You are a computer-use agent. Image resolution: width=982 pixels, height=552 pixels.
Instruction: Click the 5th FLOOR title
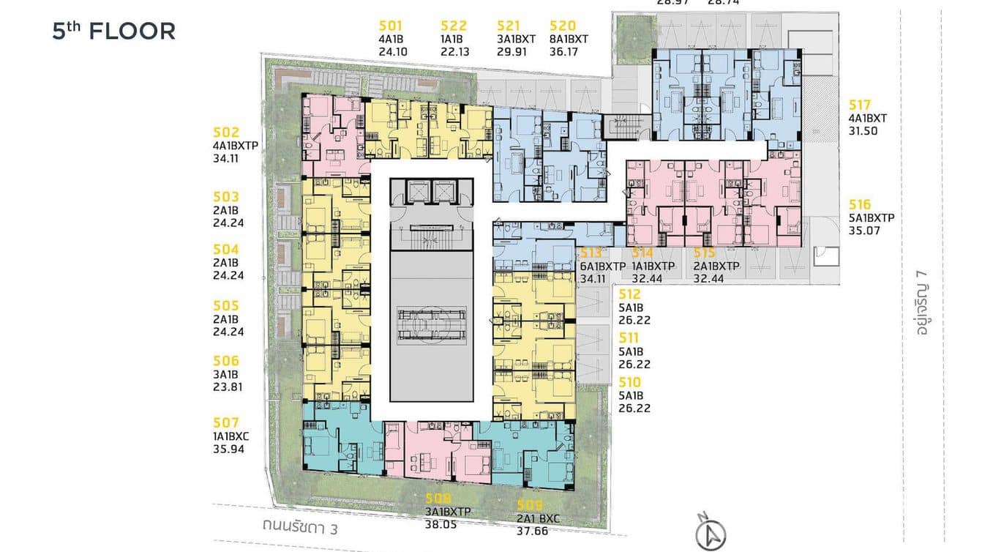[x=113, y=31]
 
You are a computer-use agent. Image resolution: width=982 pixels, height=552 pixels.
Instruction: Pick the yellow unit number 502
[x=226, y=133]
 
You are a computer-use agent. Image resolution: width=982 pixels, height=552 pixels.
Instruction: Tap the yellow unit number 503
[x=226, y=197]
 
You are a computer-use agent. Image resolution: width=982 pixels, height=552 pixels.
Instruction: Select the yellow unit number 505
[x=226, y=305]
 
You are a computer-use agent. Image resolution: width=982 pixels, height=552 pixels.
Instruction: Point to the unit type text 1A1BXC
[x=231, y=436]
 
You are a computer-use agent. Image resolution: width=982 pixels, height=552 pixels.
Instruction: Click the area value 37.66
[x=532, y=532]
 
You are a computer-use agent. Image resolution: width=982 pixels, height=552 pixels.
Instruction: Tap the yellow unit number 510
[x=629, y=382]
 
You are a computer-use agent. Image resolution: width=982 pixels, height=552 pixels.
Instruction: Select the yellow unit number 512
[x=629, y=294]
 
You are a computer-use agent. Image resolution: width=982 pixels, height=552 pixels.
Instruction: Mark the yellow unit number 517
[x=861, y=105]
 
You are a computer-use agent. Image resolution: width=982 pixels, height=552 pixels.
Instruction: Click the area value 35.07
[x=864, y=231]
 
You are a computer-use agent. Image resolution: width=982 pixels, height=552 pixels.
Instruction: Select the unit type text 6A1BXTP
[x=603, y=266]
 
